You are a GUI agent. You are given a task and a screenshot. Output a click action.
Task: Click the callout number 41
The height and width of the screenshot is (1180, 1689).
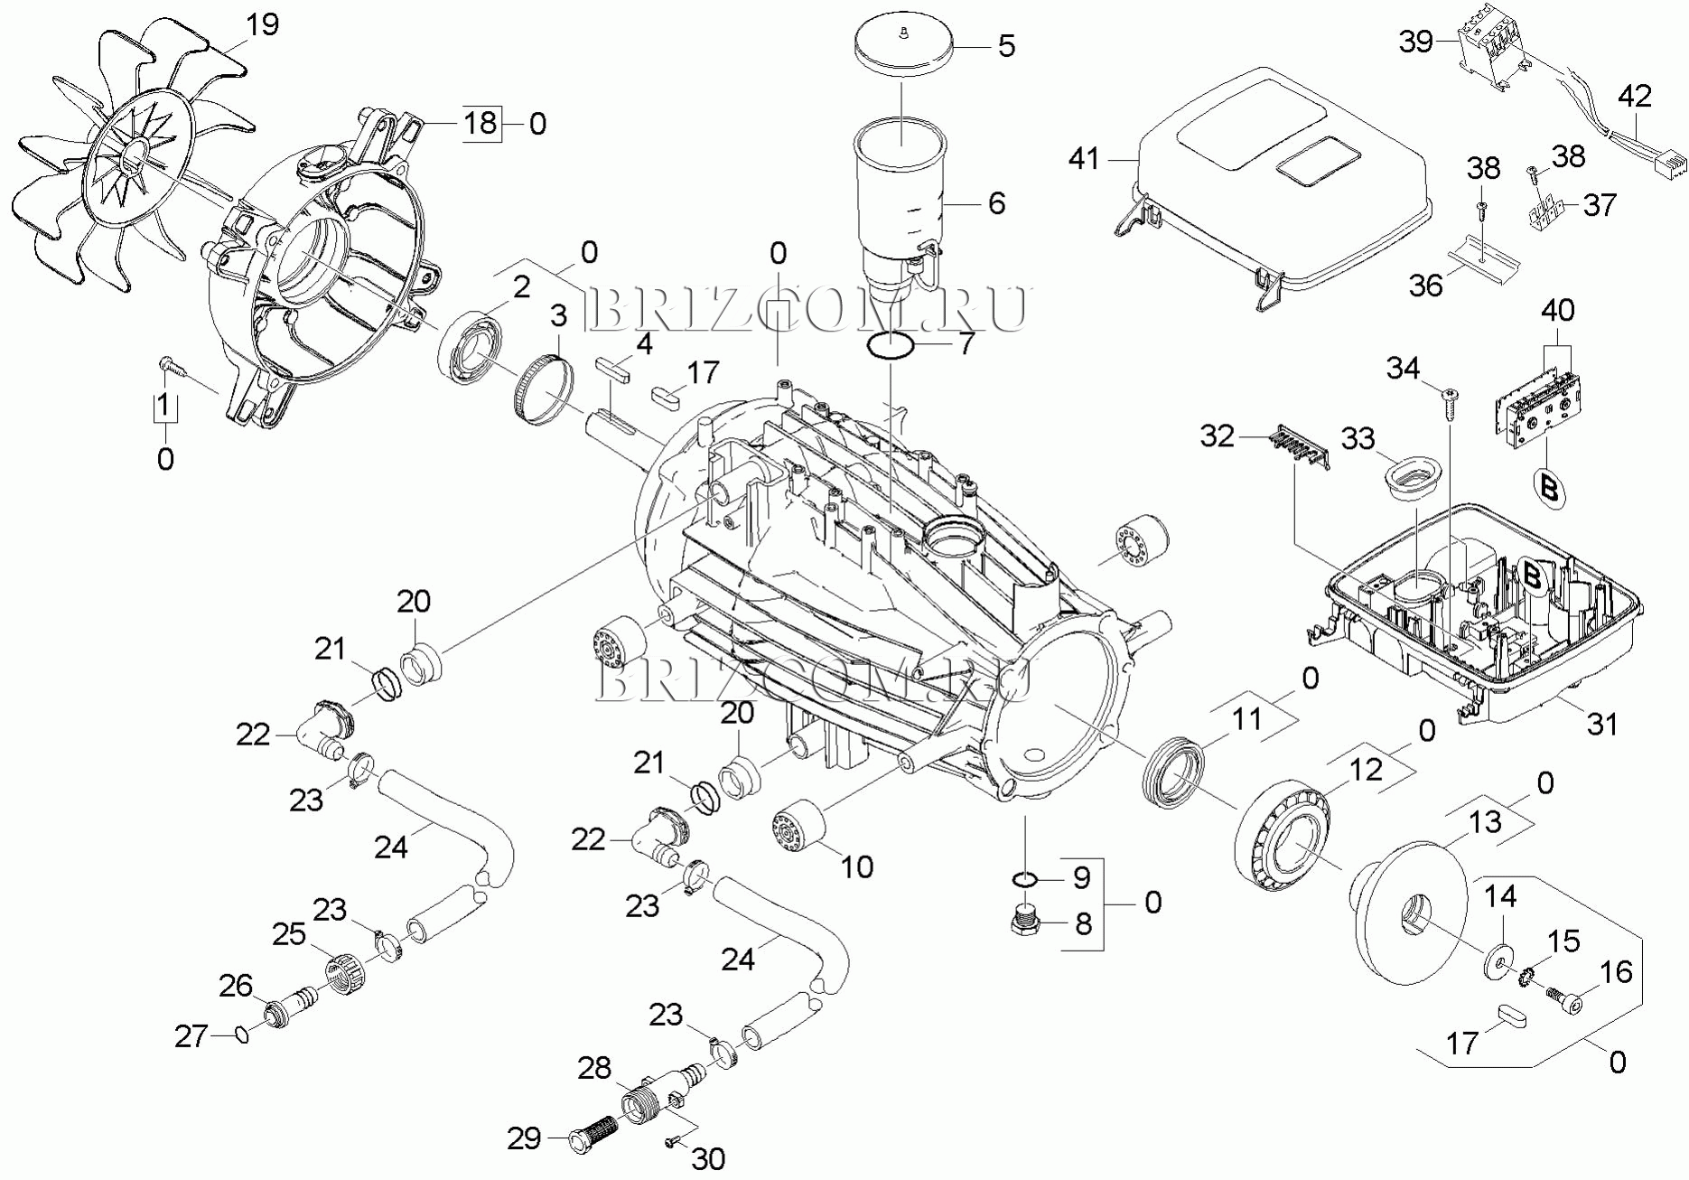[x=1084, y=159]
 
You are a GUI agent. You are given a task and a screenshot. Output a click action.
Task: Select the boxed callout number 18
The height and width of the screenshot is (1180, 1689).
[x=481, y=122]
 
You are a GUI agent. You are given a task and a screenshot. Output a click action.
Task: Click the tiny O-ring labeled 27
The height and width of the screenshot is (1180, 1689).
[x=240, y=1033]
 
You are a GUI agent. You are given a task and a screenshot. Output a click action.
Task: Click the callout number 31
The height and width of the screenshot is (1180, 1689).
[x=1602, y=724]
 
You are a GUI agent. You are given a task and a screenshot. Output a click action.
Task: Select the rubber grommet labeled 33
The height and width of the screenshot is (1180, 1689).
[x=1411, y=477]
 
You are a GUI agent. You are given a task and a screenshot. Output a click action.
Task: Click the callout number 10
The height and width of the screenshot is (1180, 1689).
[x=856, y=866]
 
